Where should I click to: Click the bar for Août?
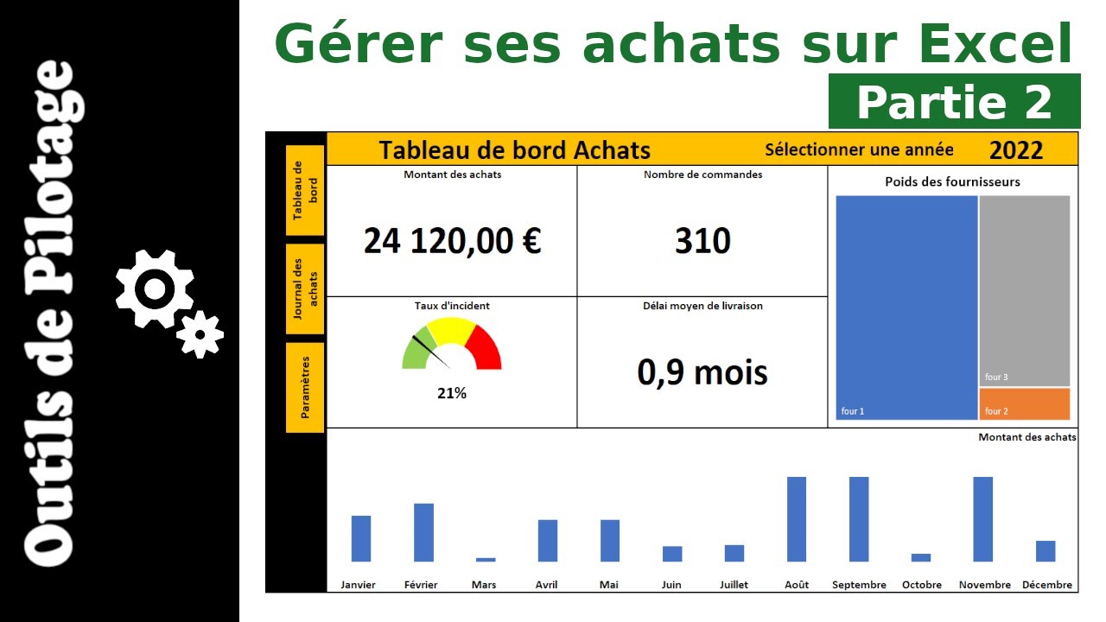(797, 519)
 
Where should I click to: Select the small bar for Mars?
(486, 560)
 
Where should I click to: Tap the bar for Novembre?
(983, 519)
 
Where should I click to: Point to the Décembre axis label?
(1047, 585)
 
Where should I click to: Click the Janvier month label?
(358, 585)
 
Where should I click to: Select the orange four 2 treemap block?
(1025, 404)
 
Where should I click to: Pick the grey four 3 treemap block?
(1025, 290)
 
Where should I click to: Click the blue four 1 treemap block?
(906, 308)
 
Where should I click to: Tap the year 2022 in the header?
(1016, 150)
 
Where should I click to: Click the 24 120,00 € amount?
(452, 241)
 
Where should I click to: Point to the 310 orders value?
(702, 241)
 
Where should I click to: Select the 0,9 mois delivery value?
(702, 372)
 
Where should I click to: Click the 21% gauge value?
(452, 394)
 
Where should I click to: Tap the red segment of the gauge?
(486, 349)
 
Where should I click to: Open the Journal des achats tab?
(305, 289)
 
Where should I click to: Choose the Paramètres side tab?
(305, 387)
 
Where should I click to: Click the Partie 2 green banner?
(954, 102)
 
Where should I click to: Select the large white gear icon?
(156, 289)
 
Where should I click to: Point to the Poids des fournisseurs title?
(952, 182)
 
